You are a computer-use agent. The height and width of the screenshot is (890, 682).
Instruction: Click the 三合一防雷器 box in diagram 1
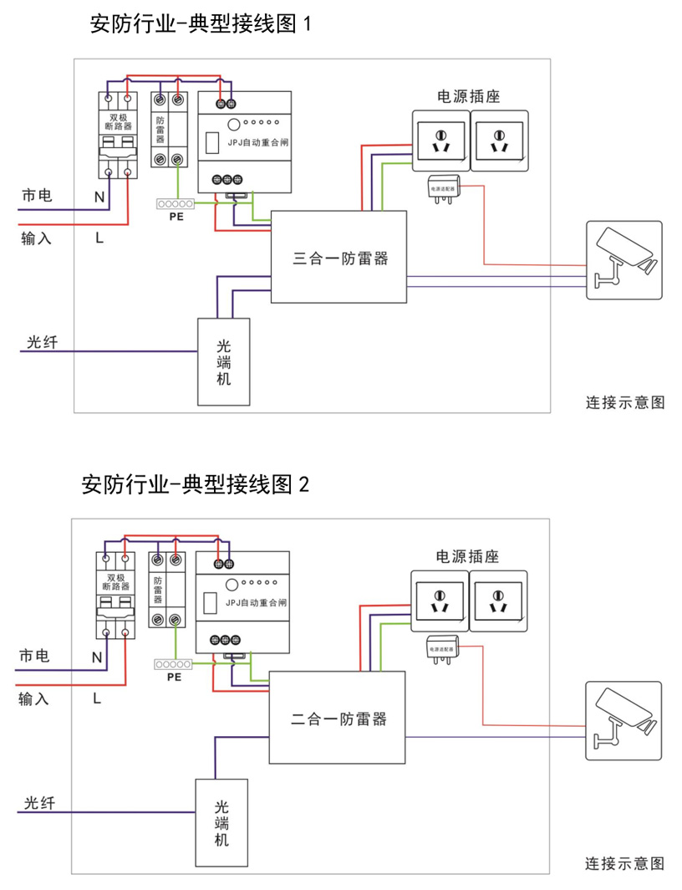[x=338, y=257]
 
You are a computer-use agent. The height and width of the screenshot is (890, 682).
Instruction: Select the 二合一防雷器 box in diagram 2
[x=338, y=718]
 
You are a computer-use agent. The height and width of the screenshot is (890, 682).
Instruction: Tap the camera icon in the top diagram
[x=623, y=260]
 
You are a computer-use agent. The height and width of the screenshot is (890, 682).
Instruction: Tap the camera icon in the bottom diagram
[x=623, y=721]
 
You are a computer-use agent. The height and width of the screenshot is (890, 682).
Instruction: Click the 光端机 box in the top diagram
[x=223, y=361]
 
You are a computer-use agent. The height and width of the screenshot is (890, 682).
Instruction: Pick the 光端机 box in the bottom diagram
[x=221, y=823]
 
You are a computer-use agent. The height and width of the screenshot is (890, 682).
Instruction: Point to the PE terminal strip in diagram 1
[x=176, y=204]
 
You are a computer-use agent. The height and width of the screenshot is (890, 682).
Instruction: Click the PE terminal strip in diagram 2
[x=174, y=664]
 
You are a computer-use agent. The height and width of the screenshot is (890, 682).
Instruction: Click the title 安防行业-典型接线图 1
[x=200, y=23]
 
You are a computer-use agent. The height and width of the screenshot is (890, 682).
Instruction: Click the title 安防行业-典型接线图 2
[x=196, y=484]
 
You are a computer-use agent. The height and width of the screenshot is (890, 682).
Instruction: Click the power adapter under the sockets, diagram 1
[x=443, y=189]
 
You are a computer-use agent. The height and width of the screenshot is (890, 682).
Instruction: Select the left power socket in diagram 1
[x=441, y=141]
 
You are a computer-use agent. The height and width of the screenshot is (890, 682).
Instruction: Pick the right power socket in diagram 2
[x=498, y=601]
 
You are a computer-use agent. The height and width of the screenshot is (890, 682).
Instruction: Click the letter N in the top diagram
[x=99, y=197]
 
